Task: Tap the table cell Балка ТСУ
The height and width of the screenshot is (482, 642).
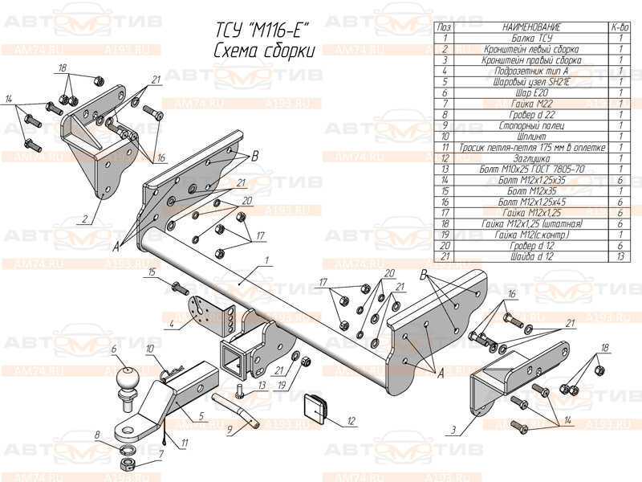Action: (530, 38)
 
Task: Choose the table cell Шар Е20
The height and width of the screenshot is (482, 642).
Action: (530, 93)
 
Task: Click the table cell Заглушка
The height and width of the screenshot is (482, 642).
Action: (530, 158)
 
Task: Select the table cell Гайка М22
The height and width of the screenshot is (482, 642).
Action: (530, 104)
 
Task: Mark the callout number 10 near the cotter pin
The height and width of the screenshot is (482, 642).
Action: (149, 348)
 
